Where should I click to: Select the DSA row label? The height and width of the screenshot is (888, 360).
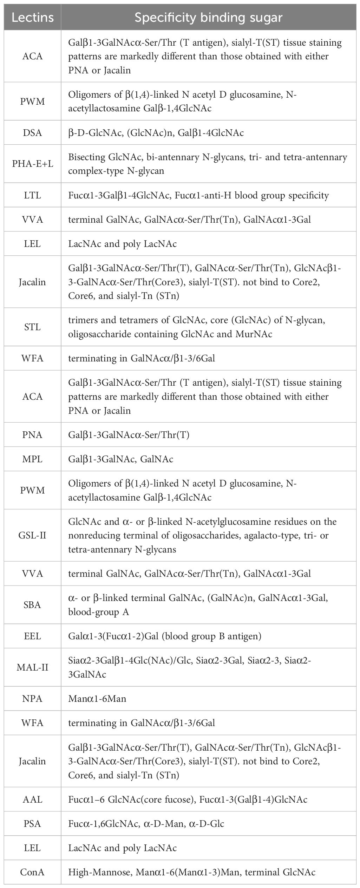pos(32,132)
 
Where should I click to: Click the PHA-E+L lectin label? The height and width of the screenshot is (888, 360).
pos(32,164)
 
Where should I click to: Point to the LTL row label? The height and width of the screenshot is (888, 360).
pos(32,195)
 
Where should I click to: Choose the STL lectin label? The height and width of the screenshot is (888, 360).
pos(32,327)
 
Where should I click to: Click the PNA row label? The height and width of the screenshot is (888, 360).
pos(32,435)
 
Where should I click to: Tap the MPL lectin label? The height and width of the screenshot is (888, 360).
pos(32,459)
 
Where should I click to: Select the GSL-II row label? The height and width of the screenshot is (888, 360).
pos(32,535)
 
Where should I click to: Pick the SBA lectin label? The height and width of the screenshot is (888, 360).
pos(32,605)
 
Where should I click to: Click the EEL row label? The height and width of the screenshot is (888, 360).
pos(32,636)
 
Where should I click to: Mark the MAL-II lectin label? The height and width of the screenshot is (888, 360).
pos(32,667)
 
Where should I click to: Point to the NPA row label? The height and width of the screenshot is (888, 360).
pos(32,698)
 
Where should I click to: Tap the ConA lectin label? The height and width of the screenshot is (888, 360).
pos(32,871)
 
